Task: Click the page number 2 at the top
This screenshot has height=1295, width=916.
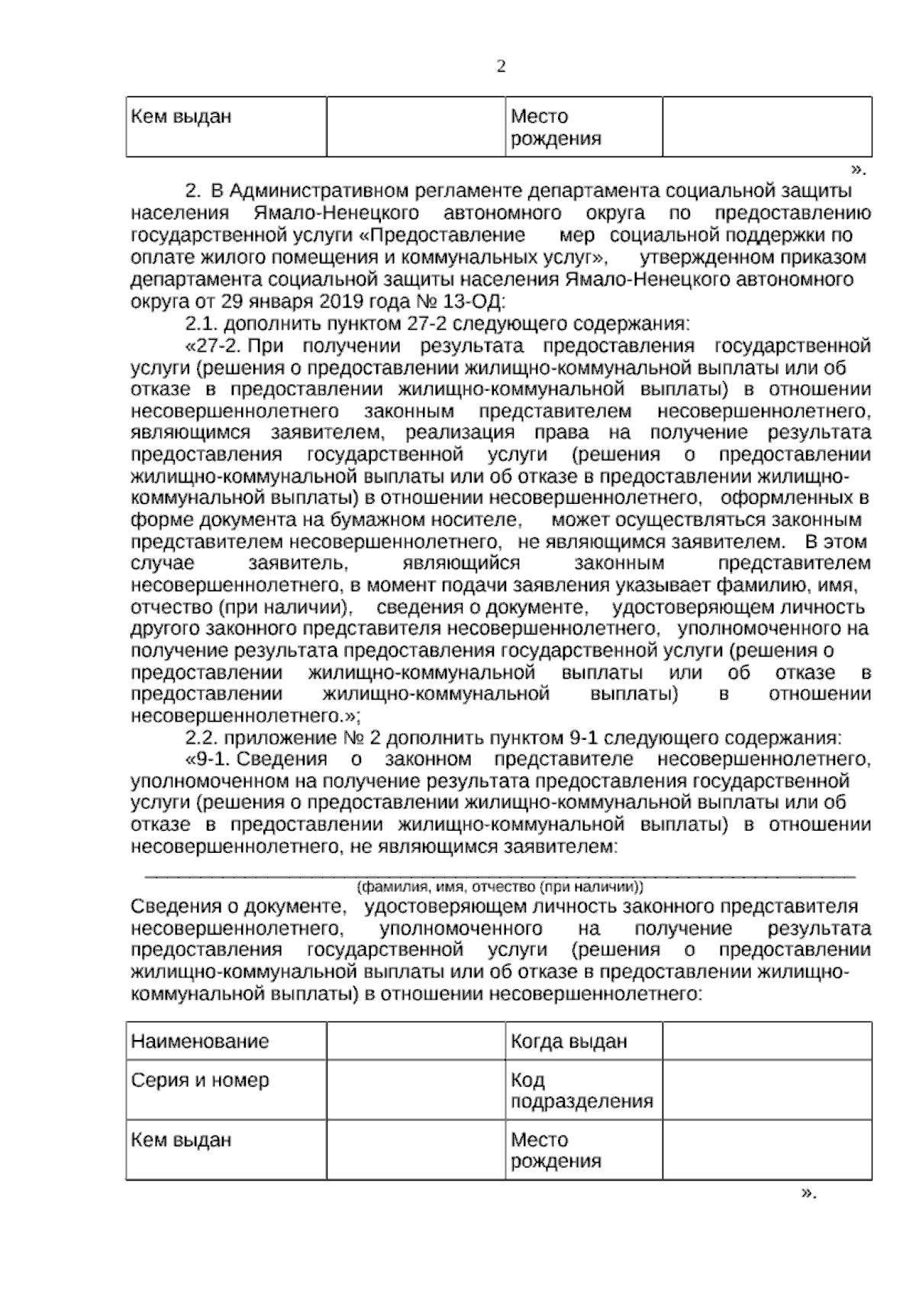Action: [501, 67]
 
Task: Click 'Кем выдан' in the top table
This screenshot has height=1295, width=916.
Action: [182, 118]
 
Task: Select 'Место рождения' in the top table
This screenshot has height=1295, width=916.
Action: [555, 128]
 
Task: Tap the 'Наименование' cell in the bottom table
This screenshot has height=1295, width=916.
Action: [200, 1041]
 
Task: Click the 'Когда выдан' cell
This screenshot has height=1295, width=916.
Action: [569, 1041]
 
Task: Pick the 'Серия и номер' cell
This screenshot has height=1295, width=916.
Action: [200, 1080]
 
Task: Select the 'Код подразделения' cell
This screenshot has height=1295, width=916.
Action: [582, 1091]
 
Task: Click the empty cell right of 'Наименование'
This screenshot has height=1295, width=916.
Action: [416, 1041]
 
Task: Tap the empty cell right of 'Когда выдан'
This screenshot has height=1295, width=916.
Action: [766, 1041]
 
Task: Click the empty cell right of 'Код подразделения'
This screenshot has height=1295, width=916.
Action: [766, 1091]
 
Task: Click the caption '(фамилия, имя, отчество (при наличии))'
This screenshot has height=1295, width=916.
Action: [501, 887]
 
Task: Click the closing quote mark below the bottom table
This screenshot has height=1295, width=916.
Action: [808, 1193]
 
